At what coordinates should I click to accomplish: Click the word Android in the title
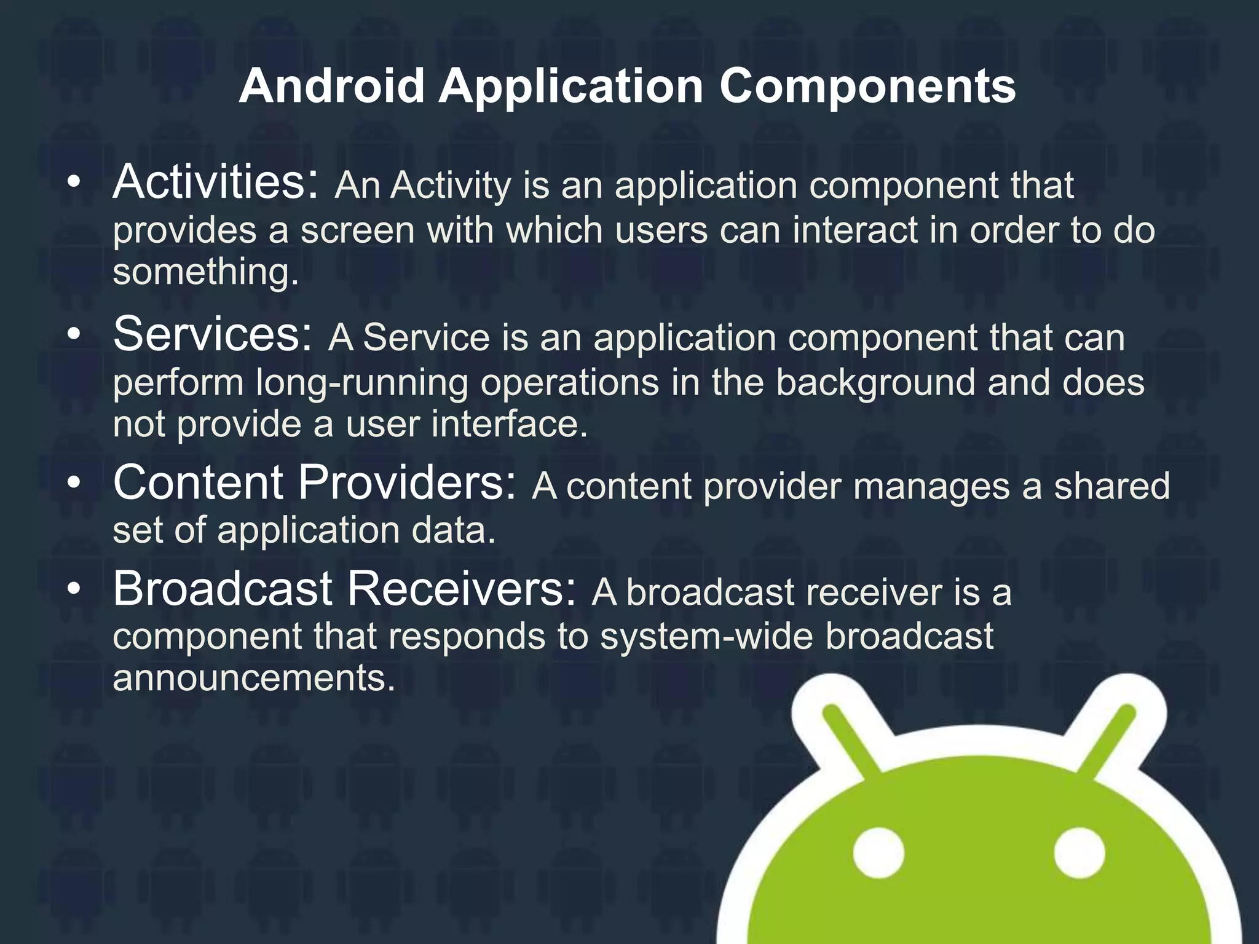pos(331,86)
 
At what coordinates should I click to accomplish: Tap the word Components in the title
pos(867,86)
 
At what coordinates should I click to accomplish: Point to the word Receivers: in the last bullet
pos(462,589)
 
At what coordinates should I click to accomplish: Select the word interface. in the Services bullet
pos(510,424)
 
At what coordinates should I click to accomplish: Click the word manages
pos(931,486)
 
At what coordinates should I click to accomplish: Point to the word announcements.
pos(253,678)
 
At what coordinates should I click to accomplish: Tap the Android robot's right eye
pos(1079,854)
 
